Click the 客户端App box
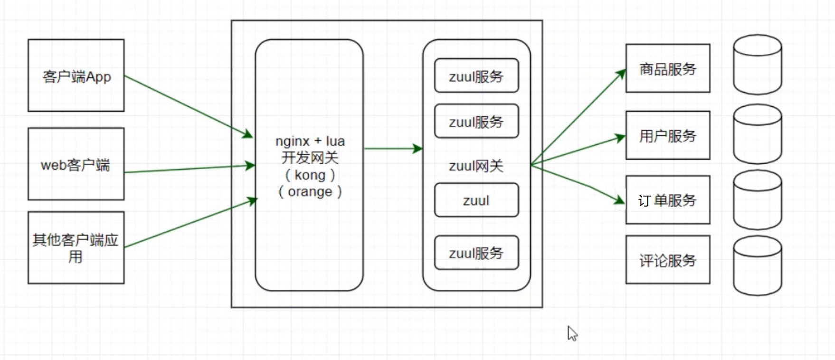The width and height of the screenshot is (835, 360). tap(76, 76)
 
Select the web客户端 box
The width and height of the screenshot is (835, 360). tap(76, 164)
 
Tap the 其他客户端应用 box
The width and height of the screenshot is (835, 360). tap(76, 247)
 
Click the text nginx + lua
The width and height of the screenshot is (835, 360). tap(310, 141)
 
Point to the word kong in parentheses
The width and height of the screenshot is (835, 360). tap(310, 175)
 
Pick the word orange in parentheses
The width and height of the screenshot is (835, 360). tap(310, 191)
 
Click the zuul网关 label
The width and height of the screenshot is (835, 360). tap(476, 166)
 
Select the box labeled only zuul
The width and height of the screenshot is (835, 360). tap(476, 200)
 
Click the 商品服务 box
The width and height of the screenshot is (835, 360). tap(668, 68)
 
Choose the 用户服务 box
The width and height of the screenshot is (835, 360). tap(668, 135)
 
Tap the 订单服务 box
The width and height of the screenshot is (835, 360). tap(668, 200)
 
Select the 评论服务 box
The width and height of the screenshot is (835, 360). tap(668, 260)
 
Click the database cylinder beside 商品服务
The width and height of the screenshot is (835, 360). tap(757, 65)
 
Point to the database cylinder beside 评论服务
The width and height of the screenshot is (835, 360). tap(757, 265)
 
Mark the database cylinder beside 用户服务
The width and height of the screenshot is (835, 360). tap(757, 134)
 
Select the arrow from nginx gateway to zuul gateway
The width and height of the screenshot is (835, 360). tap(393, 149)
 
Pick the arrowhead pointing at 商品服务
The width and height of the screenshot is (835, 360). tap(621, 74)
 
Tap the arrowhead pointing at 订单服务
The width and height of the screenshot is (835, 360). tap(620, 199)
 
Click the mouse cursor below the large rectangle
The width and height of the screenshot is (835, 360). tap(572, 333)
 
